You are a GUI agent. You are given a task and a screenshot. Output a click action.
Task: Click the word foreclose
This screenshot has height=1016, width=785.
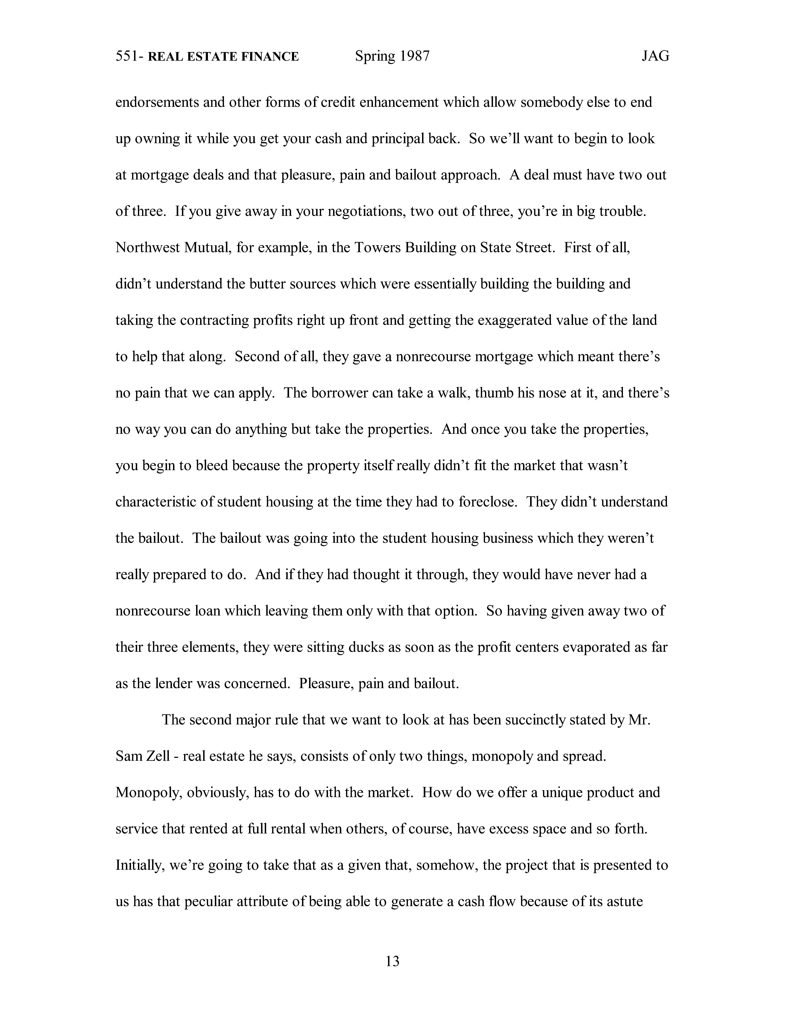coord(487,502)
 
